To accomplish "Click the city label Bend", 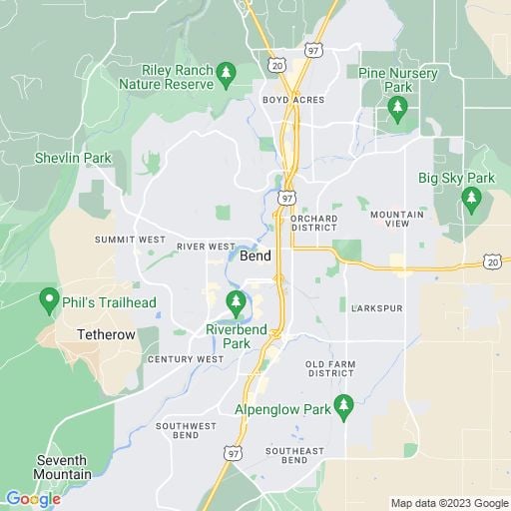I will click(255, 256).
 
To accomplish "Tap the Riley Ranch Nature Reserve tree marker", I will click(227, 72).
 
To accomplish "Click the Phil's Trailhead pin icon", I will click(47, 299).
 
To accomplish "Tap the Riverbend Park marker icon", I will click(237, 301).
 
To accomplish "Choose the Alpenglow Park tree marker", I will click(343, 404).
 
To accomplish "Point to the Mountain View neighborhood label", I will click(396, 220).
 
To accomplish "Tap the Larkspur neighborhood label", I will click(377, 308).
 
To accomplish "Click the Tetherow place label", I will click(107, 334).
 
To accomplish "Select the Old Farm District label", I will click(329, 368).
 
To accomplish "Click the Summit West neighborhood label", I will click(130, 240).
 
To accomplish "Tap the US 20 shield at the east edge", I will click(492, 260).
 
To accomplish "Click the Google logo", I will click(33, 498).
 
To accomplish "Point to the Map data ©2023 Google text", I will click(449, 503).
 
